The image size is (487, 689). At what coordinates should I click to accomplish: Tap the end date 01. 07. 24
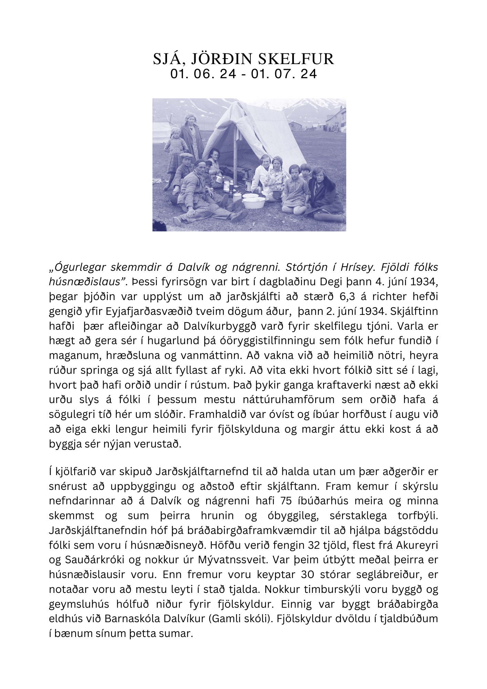pos(284,74)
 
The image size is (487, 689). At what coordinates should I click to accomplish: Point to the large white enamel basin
pos(255,202)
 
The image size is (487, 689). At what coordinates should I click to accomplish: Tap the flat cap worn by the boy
pos(185,156)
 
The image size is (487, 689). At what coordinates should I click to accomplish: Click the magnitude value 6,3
pos(355,296)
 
